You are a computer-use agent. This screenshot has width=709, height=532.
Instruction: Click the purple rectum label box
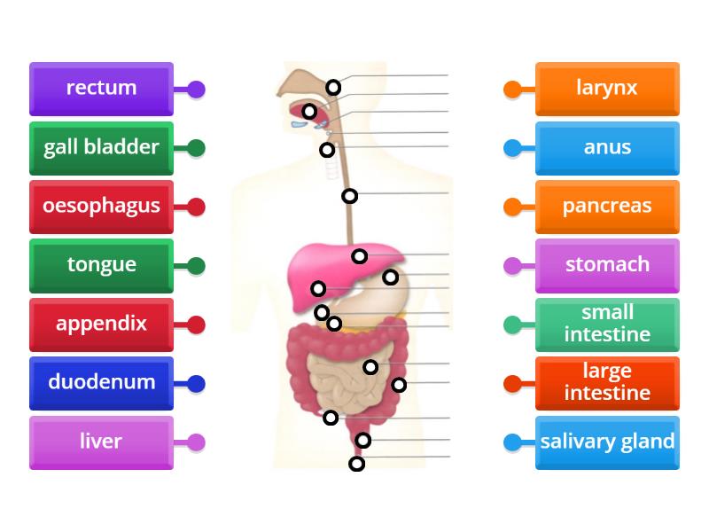[x=101, y=88]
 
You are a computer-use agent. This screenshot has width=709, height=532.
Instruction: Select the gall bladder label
[x=101, y=147]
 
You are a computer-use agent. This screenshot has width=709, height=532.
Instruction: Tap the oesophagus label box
[x=101, y=206]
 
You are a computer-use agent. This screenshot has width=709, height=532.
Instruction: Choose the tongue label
[x=101, y=264]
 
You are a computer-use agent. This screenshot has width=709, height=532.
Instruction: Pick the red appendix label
[x=101, y=324]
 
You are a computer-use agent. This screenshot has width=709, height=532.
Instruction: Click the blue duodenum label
[x=101, y=382]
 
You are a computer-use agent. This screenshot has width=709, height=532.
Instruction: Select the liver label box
[x=101, y=442]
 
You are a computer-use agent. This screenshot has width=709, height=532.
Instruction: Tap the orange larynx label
[x=607, y=88]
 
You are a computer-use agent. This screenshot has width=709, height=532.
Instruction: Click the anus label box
[x=607, y=147]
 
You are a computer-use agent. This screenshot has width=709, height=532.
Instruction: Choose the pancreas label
[x=607, y=206]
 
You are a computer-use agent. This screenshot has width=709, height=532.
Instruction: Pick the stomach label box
[x=607, y=264]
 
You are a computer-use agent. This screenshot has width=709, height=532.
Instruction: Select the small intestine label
[x=607, y=324]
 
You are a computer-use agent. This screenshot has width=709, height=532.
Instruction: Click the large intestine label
[x=607, y=382]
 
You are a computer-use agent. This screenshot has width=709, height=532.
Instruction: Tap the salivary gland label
[x=607, y=442]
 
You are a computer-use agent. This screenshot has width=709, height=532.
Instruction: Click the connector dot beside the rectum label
[x=196, y=90]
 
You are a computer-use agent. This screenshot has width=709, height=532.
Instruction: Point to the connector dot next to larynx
[x=512, y=90]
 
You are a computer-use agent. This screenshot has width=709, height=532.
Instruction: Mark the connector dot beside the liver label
[x=196, y=442]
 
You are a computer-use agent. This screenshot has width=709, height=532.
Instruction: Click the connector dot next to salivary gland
[x=512, y=442]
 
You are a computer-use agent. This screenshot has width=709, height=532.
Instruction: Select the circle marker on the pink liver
[x=359, y=256]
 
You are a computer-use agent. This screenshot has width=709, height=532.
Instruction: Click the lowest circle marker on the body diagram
[x=356, y=464]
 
